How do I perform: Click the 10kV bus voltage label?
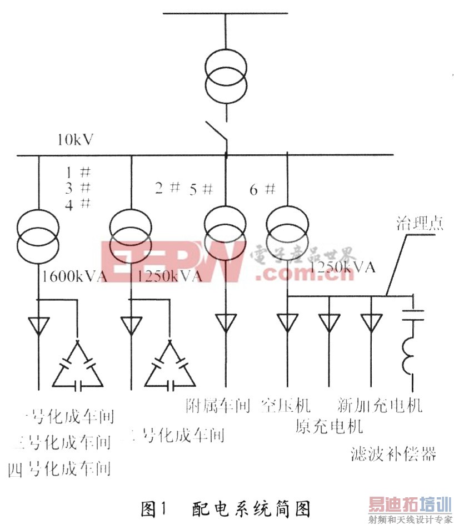(x=74, y=139)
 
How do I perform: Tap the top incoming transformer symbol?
(x=226, y=72)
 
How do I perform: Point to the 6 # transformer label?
(x=262, y=189)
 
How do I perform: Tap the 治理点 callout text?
(x=419, y=224)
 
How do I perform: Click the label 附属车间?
(x=218, y=405)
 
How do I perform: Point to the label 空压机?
(x=286, y=405)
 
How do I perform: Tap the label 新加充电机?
(x=380, y=405)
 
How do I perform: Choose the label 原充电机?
(x=329, y=426)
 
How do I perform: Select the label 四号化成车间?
(x=59, y=469)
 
